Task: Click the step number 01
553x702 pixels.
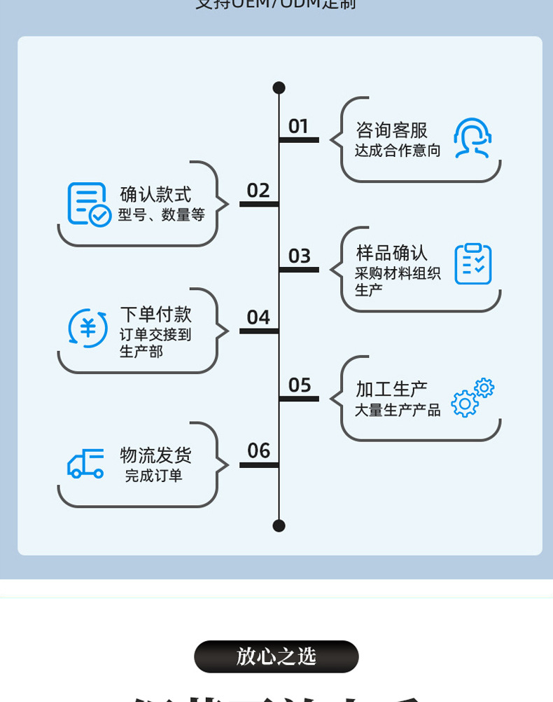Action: click(x=298, y=126)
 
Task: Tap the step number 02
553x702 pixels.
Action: click(x=258, y=191)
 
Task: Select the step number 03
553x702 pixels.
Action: click(x=299, y=256)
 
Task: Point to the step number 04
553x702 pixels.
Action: click(x=258, y=317)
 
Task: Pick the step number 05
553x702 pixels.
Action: click(x=299, y=385)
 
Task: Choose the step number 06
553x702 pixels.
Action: click(x=258, y=450)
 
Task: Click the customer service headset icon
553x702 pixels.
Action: click(x=472, y=138)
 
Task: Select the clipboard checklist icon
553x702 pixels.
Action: click(x=472, y=263)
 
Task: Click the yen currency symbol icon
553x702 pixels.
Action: click(x=88, y=328)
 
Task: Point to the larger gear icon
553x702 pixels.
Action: click(x=465, y=404)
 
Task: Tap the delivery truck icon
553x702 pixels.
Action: click(x=85, y=463)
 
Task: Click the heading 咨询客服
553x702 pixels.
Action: click(x=391, y=130)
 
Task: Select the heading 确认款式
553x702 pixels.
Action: click(x=155, y=194)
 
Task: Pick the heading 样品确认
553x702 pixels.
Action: click(x=391, y=253)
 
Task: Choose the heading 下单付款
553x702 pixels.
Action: click(x=155, y=315)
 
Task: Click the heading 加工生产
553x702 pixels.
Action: click(x=391, y=389)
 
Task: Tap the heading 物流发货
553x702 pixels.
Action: click(x=155, y=455)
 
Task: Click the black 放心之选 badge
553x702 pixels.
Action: click(x=276, y=656)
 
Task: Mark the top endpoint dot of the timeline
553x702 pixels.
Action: click(x=279, y=88)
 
